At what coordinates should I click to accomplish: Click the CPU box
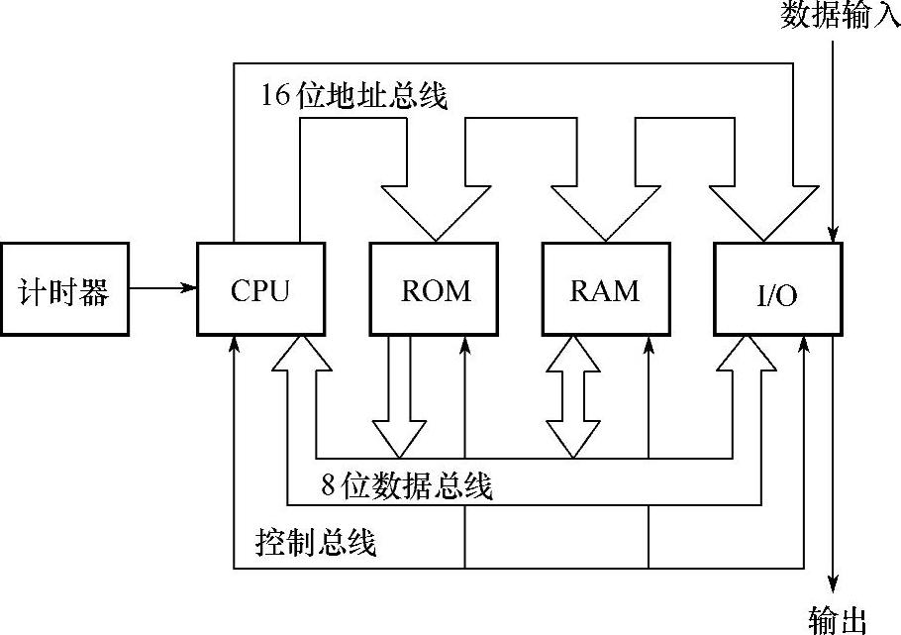click(x=261, y=288)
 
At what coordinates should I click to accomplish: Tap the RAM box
click(x=606, y=288)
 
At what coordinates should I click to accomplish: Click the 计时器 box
click(x=64, y=288)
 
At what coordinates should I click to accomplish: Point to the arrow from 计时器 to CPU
click(x=163, y=288)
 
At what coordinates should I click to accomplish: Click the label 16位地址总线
click(x=354, y=96)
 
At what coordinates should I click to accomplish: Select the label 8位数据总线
click(x=406, y=485)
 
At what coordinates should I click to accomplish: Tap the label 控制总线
click(x=316, y=542)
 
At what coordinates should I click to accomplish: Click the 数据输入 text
click(x=840, y=15)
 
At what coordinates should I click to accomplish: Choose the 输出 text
click(x=838, y=620)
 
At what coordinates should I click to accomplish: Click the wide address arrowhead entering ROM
click(x=434, y=210)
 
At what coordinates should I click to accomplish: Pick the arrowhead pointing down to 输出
click(x=838, y=584)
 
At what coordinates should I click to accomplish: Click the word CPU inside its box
click(x=261, y=290)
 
